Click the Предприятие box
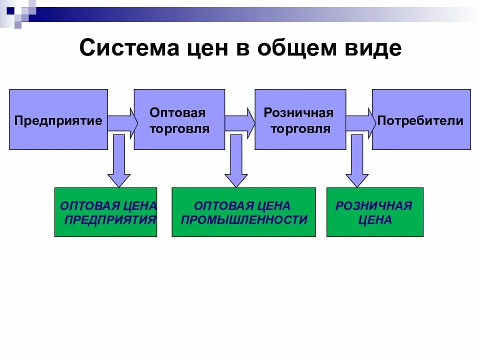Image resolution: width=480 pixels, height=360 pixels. click(58, 119)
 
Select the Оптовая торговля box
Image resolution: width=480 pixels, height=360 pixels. click(179, 119)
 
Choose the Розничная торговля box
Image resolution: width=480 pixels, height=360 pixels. click(300, 119)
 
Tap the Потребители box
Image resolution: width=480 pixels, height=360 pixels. click(421, 119)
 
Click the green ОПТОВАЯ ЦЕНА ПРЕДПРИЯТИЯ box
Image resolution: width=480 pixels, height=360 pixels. click(105, 212)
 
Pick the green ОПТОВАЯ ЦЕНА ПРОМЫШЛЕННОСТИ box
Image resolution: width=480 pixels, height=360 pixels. click(243, 212)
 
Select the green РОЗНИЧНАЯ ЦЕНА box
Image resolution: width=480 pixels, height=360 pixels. click(374, 212)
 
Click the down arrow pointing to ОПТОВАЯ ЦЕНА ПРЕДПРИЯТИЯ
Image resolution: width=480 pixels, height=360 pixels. click(119, 162)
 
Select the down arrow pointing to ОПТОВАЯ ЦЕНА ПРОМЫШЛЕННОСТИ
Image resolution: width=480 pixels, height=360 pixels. click(236, 162)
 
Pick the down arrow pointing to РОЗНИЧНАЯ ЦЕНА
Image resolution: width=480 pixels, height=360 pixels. click(356, 162)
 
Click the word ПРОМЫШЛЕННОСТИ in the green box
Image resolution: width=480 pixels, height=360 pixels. click(244, 219)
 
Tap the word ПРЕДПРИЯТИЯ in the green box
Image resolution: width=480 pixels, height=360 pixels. click(110, 219)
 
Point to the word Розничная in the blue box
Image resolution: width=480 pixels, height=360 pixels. click(298, 112)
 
